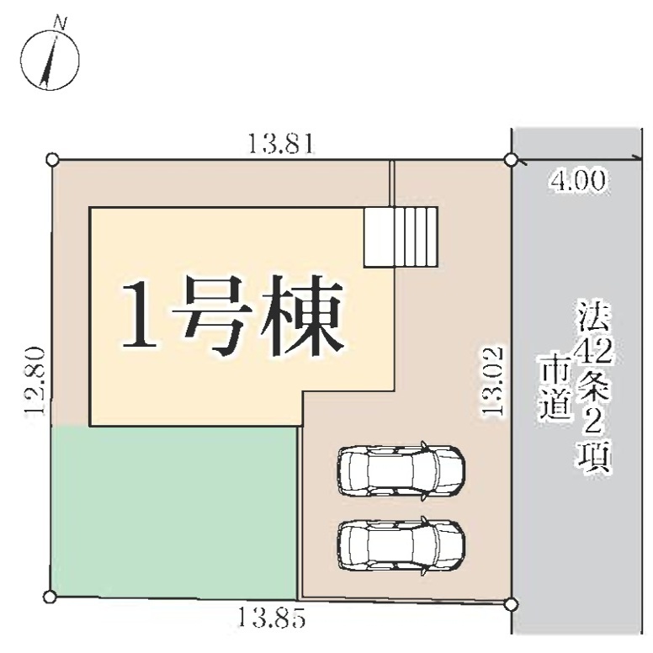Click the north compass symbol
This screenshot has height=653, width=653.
tap(50, 61)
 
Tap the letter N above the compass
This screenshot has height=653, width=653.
tap(61, 24)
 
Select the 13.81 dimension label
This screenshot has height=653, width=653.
tap(280, 144)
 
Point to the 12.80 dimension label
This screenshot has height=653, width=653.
tap(35, 380)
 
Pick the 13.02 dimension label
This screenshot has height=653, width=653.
tap(492, 382)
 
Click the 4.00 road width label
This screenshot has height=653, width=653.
tap(577, 181)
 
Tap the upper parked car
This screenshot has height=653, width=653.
tap(401, 470)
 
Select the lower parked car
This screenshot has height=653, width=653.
tap(401, 546)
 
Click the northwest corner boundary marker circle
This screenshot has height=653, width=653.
tap(51, 160)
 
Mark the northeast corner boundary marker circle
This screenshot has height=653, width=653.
tap(511, 160)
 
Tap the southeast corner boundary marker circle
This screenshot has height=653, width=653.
tap(512, 603)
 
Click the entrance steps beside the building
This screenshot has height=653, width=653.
tap(401, 237)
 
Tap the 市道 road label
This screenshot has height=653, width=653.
tap(555, 387)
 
